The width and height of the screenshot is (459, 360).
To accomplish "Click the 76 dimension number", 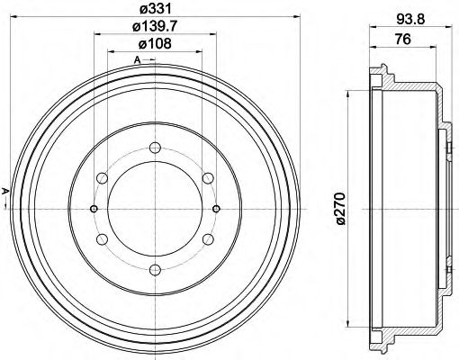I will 404,40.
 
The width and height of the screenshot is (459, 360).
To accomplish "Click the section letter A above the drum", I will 137,60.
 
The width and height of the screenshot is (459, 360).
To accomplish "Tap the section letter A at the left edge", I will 4,190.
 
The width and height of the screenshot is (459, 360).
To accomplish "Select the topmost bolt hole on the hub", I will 155,148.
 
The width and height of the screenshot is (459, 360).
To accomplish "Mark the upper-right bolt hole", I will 208,178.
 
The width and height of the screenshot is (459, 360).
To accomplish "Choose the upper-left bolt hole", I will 103,178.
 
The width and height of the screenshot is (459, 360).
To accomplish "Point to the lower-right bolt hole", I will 208,238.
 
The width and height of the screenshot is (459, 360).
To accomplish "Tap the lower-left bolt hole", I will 103,238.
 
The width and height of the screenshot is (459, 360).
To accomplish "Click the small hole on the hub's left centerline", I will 94,208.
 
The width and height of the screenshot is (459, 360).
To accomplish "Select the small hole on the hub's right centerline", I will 217,208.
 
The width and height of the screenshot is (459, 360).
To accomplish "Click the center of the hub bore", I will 155,208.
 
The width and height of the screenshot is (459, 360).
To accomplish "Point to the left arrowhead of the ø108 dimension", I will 111,52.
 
